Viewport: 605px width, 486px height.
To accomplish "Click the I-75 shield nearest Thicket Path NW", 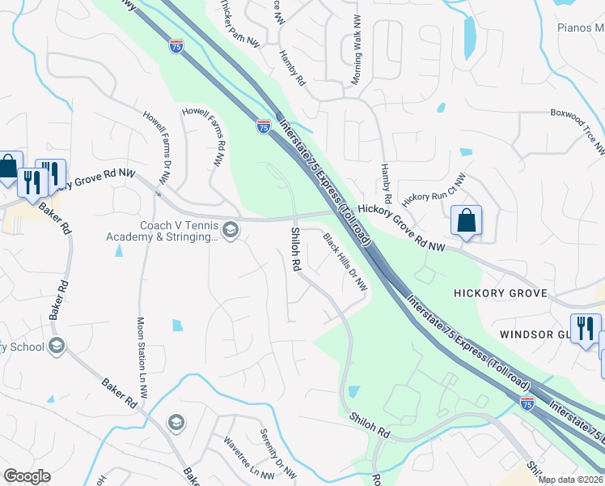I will tap(176, 46).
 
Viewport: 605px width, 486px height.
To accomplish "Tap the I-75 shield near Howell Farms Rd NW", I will tap(264, 126).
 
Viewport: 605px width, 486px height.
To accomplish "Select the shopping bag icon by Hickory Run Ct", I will tap(467, 220).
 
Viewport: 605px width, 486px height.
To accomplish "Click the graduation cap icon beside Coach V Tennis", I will tap(231, 231).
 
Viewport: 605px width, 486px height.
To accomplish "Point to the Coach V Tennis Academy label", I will tap(162, 231).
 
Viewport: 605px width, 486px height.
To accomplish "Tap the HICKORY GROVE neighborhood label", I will tap(501, 293).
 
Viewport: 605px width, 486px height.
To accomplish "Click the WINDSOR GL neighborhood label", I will tap(531, 335).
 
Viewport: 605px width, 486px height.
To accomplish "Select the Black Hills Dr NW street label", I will tap(345, 262).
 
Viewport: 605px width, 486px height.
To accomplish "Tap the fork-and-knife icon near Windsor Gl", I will tap(585, 329).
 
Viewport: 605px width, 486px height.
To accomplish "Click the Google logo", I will tap(27, 476).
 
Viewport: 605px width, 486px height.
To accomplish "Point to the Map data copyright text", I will tap(571, 480).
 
